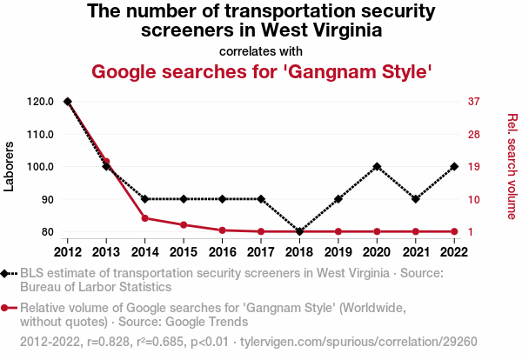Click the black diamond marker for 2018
point(299,231)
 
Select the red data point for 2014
point(144,217)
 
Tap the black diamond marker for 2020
point(377,166)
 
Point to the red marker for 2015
point(184,225)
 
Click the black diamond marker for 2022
point(454,166)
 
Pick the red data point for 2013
point(106,162)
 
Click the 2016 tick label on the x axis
point(222,252)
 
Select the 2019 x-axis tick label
point(338,252)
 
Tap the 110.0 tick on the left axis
point(38,134)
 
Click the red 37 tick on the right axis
point(474,102)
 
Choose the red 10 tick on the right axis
point(474,199)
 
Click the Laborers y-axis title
point(10,166)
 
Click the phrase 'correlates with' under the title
point(261,50)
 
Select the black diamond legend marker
point(7,273)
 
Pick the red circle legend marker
point(7,308)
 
